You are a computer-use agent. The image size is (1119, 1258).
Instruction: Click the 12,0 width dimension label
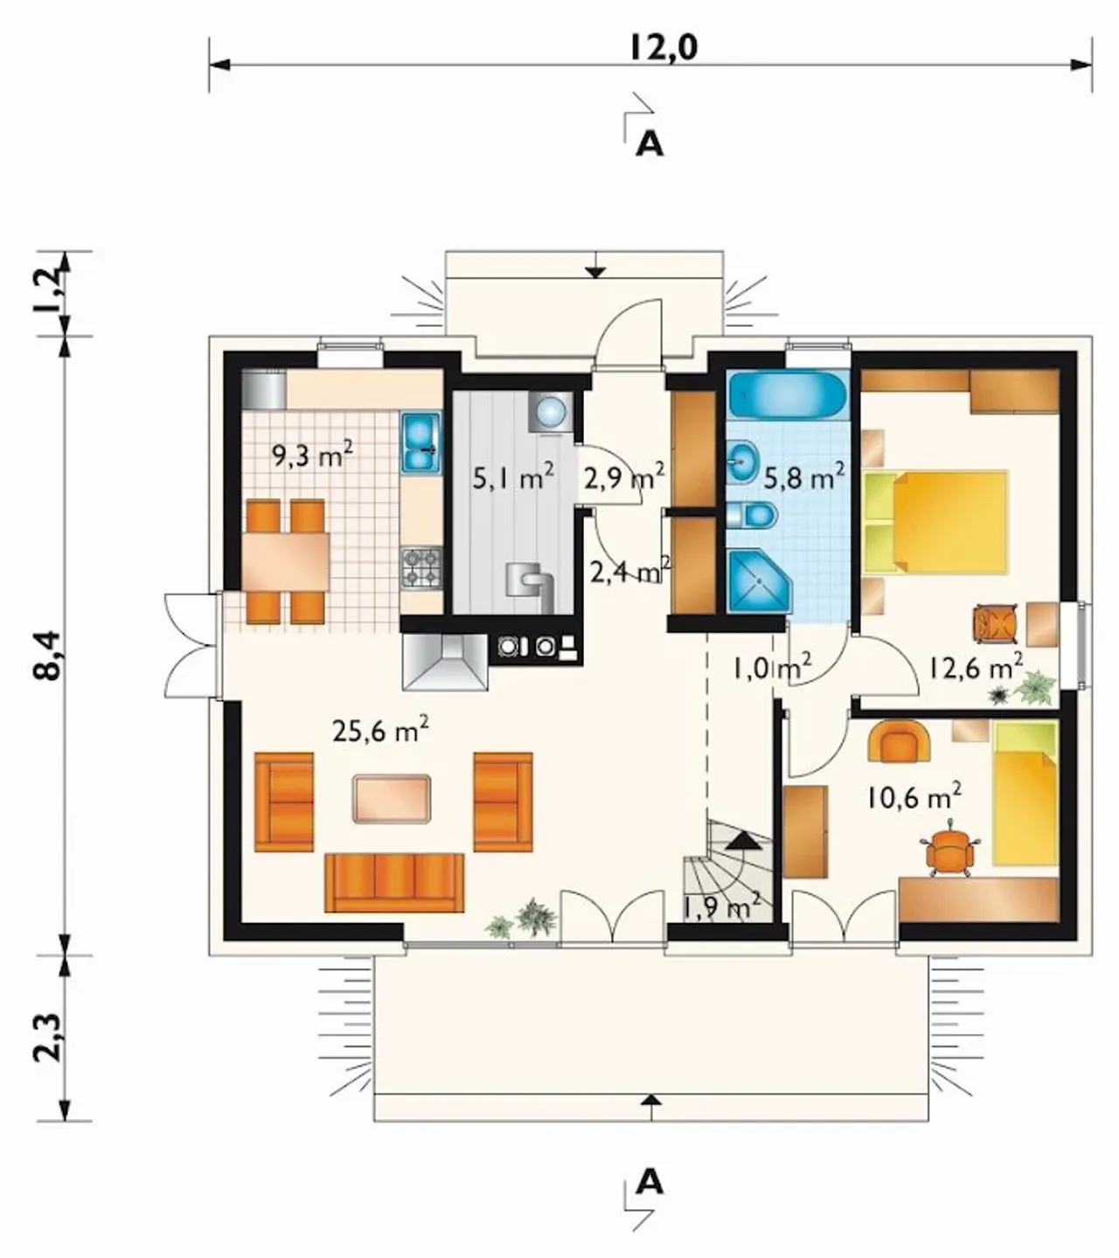[664, 48]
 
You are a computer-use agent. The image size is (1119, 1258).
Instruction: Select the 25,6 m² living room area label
[380, 730]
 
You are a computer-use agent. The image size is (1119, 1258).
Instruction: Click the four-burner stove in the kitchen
[421, 567]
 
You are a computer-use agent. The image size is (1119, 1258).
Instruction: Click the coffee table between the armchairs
[392, 799]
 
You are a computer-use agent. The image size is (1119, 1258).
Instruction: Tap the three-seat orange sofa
[394, 882]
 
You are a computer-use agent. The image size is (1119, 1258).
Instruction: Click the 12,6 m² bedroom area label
[976, 668]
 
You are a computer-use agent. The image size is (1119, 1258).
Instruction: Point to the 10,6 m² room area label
[914, 797]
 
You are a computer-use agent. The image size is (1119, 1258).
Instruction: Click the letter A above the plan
[650, 144]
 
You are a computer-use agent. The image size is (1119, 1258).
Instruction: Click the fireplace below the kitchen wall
[445, 661]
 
